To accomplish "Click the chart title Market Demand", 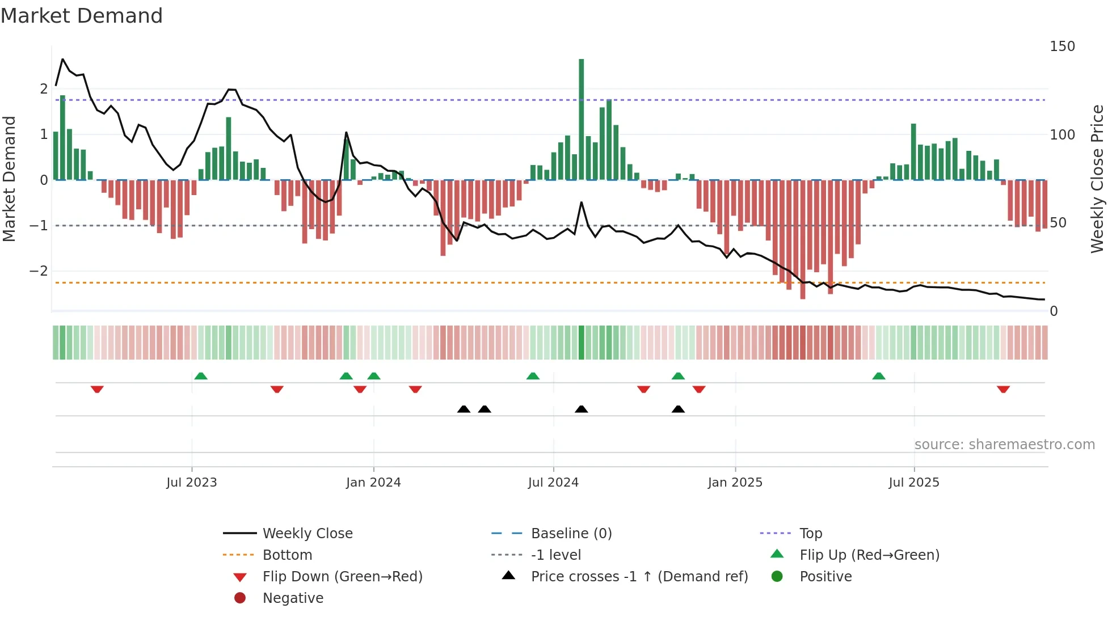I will [x=82, y=15].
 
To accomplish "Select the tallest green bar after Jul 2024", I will [x=581, y=119].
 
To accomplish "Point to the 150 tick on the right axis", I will [x=1062, y=47].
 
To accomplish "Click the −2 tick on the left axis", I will [x=39, y=271].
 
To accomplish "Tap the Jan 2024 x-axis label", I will [x=373, y=483].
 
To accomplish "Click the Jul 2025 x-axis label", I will [x=914, y=483].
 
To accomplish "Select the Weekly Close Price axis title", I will [x=1097, y=179].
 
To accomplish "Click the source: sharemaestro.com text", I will [x=1004, y=445].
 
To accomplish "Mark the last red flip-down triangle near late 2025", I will [x=1003, y=389].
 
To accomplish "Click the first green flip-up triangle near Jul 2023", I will [x=201, y=376].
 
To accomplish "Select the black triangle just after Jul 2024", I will [x=581, y=409].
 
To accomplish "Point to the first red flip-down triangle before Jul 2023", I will [x=97, y=389].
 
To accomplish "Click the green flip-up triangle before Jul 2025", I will [x=879, y=376].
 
